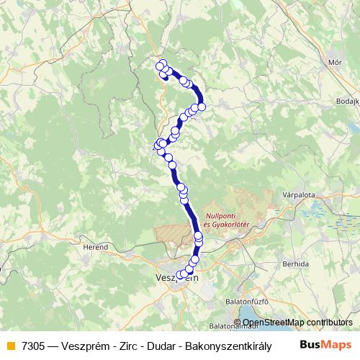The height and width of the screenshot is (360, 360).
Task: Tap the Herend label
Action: (96, 247)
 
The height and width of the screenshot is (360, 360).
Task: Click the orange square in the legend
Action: (9, 346)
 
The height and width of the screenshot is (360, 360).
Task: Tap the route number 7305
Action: (32, 346)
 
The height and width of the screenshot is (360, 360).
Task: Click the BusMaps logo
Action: (325, 345)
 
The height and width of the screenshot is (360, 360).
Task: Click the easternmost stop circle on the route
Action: (202, 107)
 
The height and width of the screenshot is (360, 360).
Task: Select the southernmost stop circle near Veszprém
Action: (181, 274)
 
